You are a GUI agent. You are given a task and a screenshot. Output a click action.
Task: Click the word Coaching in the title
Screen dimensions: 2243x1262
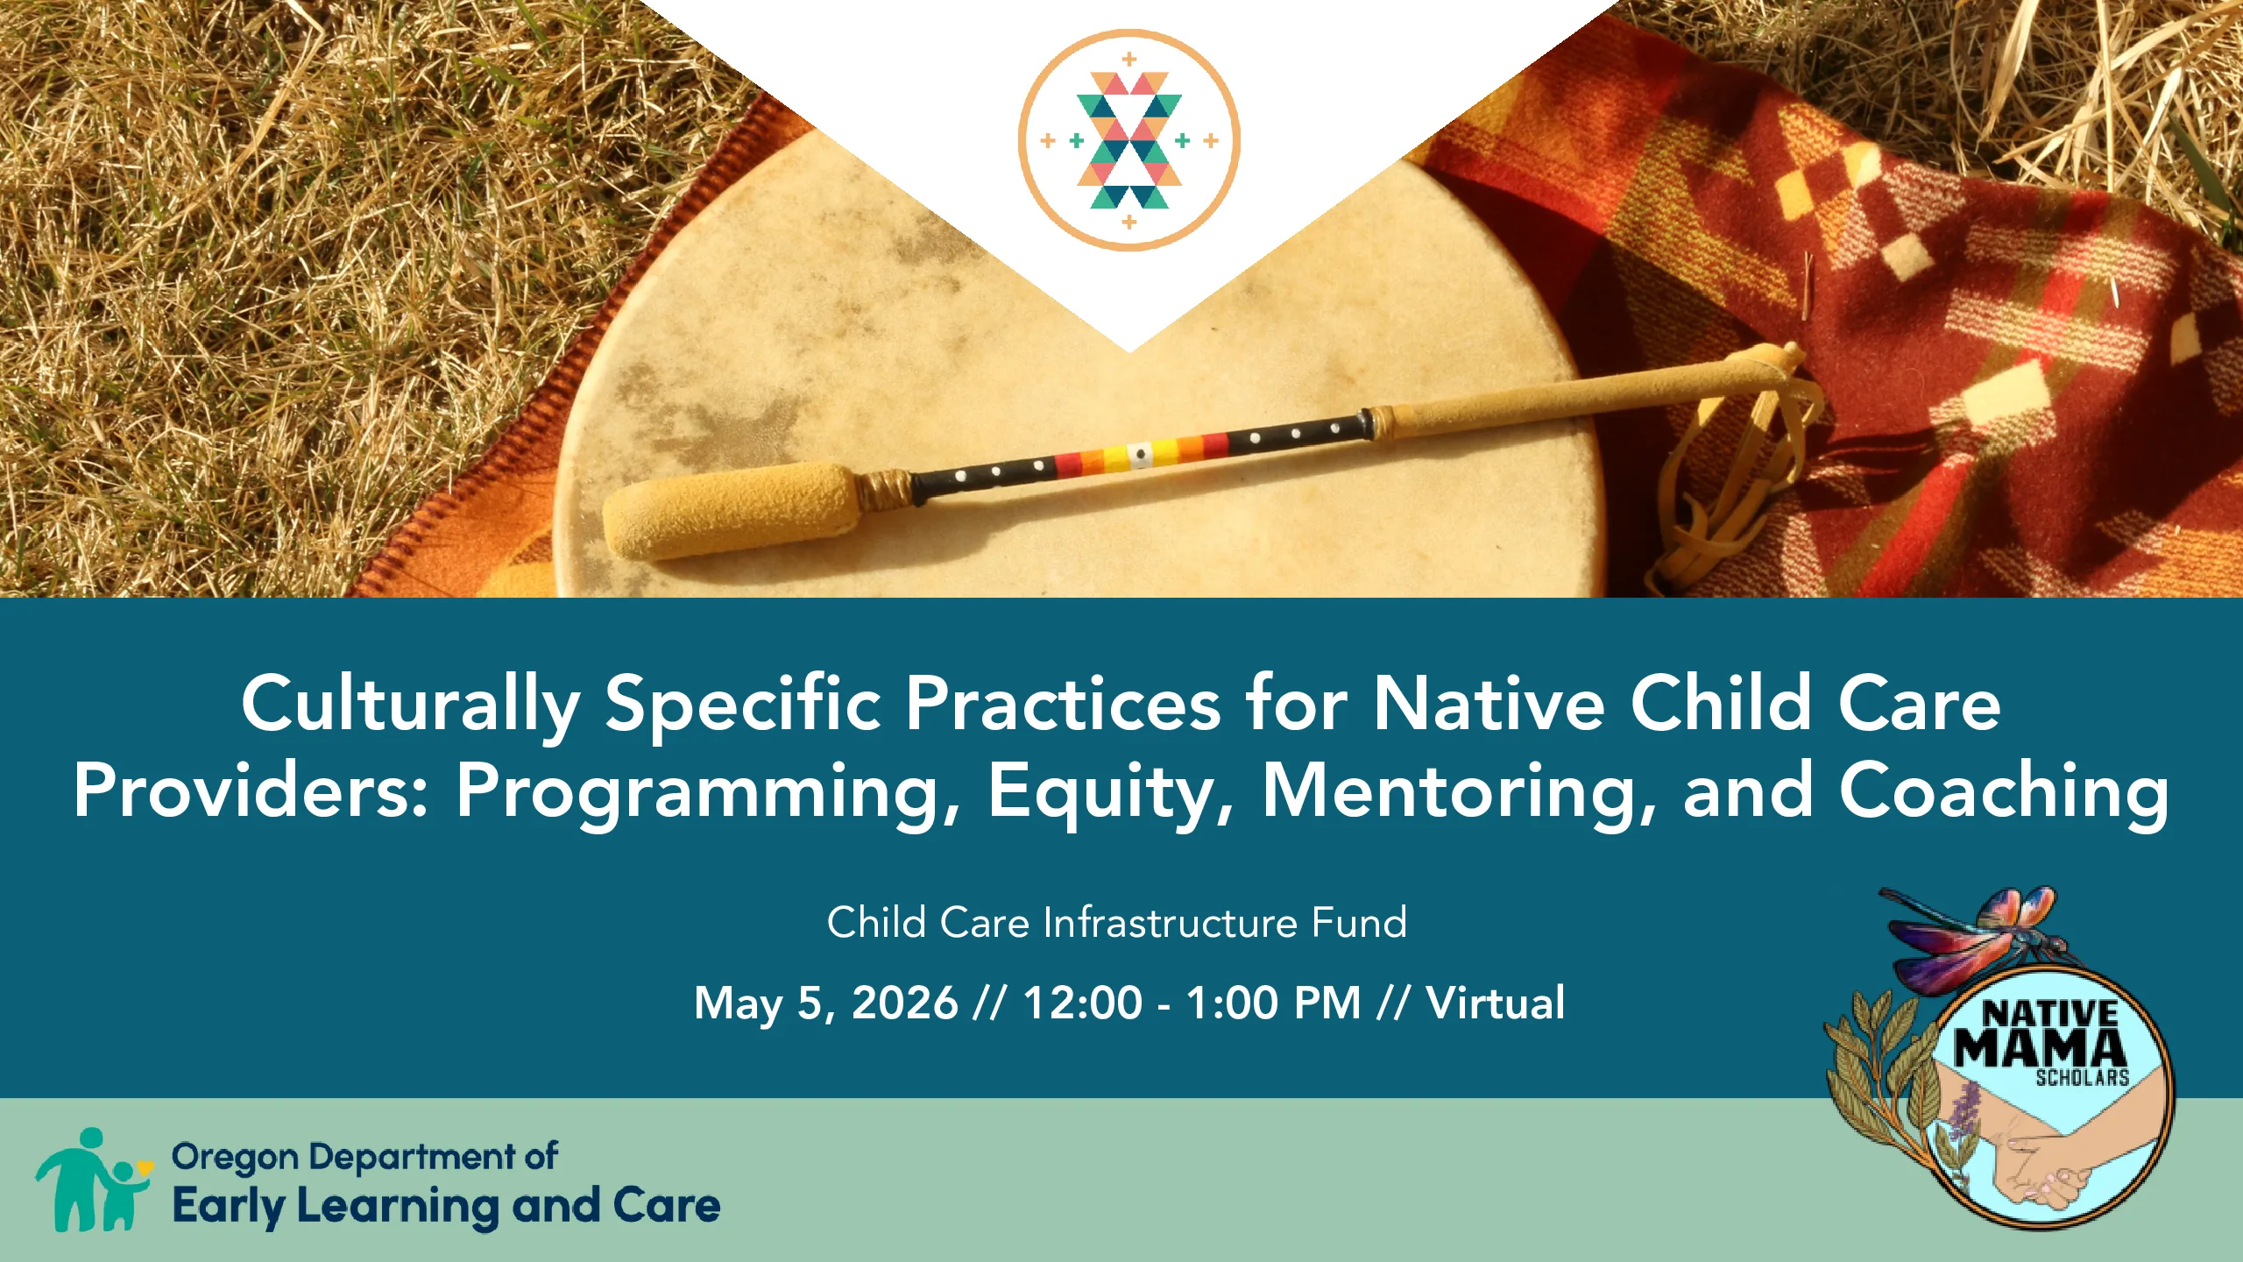click(x=2004, y=792)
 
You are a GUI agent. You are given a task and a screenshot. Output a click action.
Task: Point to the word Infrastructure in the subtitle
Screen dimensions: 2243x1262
click(x=1171, y=923)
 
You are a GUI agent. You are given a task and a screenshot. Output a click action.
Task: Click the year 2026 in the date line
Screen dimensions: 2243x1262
click(x=904, y=1003)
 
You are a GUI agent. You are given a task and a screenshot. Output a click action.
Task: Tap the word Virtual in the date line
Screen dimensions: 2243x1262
click(x=1496, y=1003)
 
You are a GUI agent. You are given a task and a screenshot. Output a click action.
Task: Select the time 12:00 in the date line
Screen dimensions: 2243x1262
click(x=1083, y=1003)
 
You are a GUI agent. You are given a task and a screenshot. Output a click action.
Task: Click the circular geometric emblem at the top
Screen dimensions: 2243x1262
click(x=1129, y=140)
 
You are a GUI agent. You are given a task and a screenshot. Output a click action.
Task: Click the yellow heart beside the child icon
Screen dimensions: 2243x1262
click(x=145, y=1166)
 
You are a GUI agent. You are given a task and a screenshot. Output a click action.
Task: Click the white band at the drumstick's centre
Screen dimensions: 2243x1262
click(x=1139, y=454)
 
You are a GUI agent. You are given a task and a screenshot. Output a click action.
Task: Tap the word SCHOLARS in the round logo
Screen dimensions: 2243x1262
click(x=2082, y=1078)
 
